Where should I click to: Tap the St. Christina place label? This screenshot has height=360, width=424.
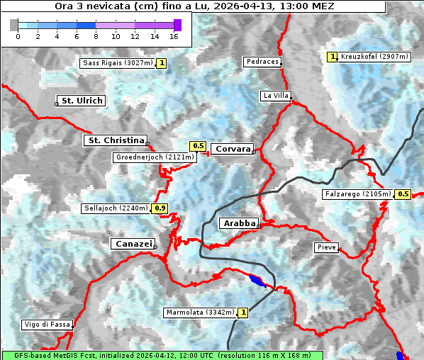(115, 140)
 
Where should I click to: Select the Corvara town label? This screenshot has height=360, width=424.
(232, 149)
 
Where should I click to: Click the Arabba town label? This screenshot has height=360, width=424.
(239, 223)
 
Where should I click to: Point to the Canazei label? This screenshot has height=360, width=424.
(133, 244)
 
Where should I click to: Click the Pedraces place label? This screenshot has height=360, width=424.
(262, 62)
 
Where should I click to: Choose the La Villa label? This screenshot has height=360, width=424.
(275, 95)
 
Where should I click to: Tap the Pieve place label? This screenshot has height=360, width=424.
(326, 247)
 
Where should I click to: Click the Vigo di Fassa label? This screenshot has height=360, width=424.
(47, 325)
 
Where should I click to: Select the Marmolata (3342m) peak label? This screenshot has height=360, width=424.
(199, 312)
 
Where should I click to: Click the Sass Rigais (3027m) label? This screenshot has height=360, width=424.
(118, 63)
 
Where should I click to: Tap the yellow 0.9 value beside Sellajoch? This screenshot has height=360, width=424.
(160, 208)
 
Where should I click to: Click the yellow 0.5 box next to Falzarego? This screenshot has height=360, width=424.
(403, 194)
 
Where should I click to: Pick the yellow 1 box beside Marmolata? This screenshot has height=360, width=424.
(243, 312)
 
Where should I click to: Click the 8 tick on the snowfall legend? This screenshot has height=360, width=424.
(96, 35)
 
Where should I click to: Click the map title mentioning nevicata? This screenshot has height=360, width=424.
(194, 6)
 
